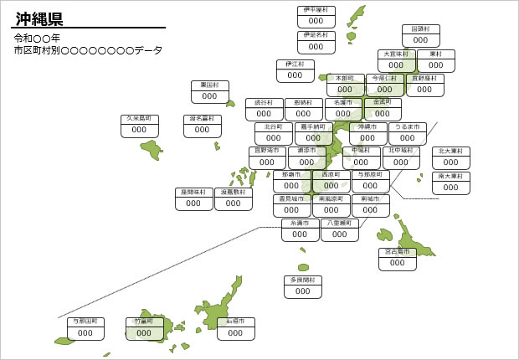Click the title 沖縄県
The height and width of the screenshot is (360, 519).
pos(39,18)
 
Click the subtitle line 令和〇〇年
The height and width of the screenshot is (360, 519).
pos(37,39)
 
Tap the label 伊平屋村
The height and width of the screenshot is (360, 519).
pos(316,10)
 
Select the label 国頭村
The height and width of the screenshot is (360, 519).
pos(420,28)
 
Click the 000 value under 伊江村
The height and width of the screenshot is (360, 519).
pos(295,75)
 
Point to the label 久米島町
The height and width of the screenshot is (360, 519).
pos(140,119)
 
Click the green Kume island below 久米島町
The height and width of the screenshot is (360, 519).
pos(152,150)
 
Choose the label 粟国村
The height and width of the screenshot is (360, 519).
pos(209,85)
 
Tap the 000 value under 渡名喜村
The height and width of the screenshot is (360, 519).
pos(203,131)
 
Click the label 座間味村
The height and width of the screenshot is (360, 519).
pos(194,192)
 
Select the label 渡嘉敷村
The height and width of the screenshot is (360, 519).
pos(234,192)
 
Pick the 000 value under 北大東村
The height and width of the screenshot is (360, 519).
pos(451,163)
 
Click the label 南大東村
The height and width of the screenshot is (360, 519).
pos(451,177)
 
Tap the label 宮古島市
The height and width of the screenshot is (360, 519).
pos(397,251)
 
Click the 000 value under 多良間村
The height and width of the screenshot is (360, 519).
pos(302,292)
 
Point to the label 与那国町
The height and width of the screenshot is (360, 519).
pos(85,321)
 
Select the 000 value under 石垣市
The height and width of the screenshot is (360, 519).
pos(236,333)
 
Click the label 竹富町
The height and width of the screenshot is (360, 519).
pos(144,321)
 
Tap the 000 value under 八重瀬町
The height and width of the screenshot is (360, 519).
pos(339,235)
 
